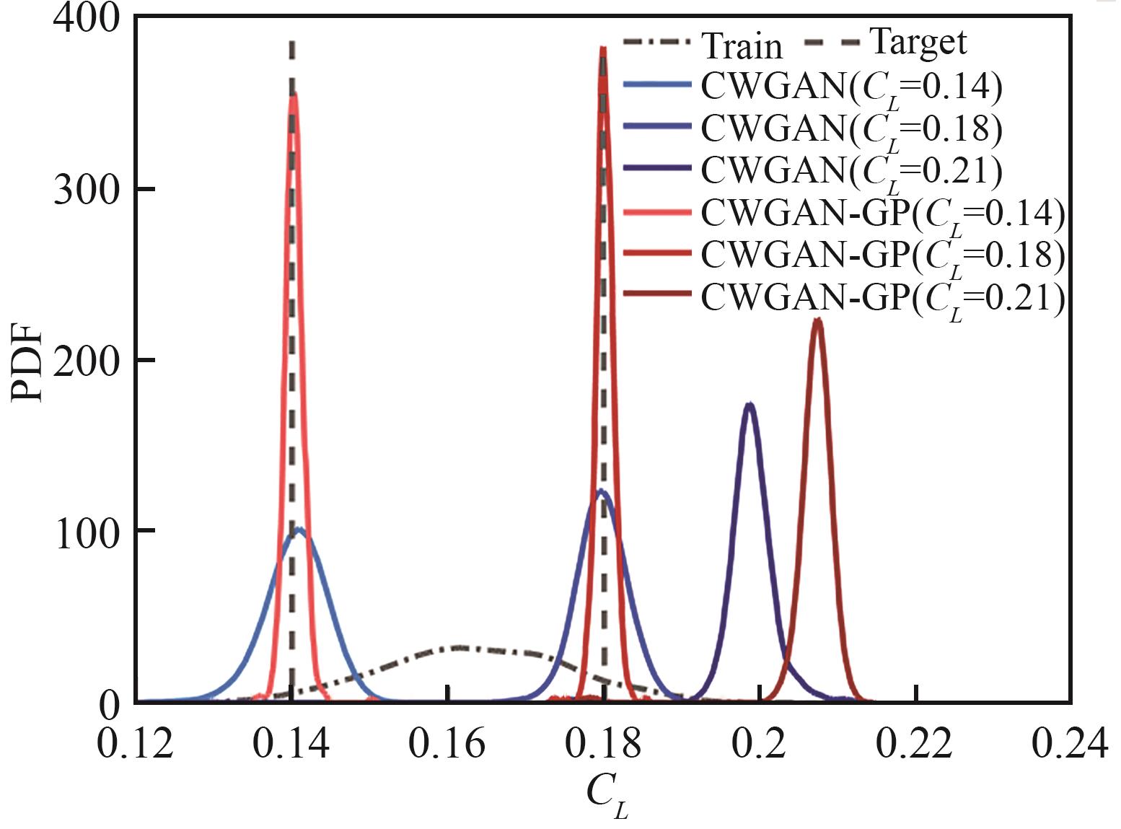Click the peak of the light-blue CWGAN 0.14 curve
pos(299,530)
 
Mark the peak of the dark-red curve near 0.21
pos(817,320)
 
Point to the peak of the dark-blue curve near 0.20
pos(750,404)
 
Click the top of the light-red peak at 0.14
pos(293,94)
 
